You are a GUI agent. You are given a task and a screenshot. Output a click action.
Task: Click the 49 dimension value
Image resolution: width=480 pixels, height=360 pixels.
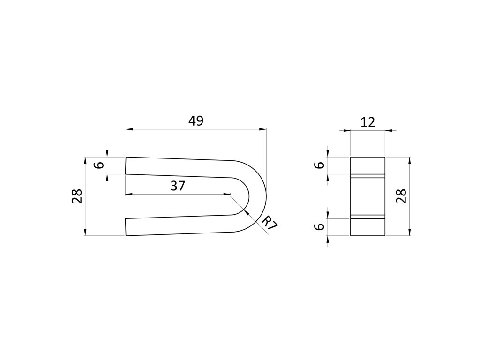coord(196,121)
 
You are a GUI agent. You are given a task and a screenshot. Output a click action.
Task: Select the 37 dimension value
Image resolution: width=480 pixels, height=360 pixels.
coord(178,186)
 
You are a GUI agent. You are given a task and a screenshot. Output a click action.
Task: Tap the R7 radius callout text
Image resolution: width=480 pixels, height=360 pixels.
coord(270,223)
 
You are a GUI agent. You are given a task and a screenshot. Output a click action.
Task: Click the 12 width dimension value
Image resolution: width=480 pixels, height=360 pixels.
coord(367,122)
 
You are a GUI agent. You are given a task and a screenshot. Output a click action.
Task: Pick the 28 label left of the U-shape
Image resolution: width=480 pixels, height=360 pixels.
coord(77,196)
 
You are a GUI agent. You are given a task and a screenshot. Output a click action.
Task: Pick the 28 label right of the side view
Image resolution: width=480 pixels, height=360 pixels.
coord(401,196)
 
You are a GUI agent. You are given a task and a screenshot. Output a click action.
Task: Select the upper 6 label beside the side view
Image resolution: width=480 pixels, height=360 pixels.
coord(320,165)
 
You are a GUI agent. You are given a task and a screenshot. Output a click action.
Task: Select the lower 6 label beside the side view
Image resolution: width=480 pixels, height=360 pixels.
coord(320,227)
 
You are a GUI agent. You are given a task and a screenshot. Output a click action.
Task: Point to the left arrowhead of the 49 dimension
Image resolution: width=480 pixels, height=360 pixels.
coord(129,129)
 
